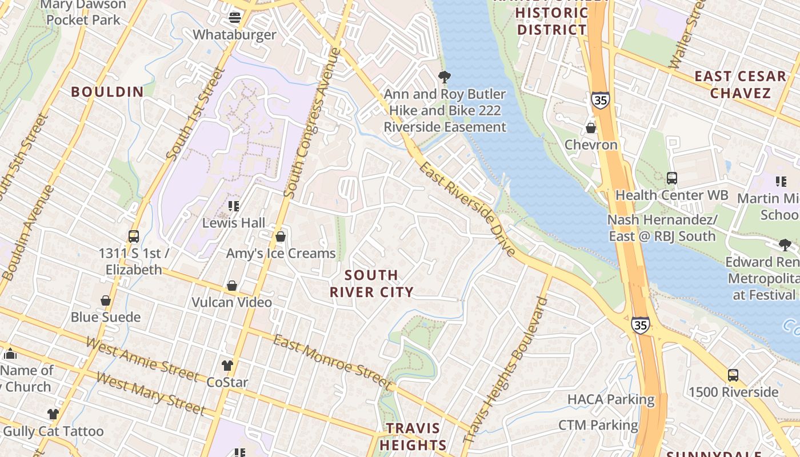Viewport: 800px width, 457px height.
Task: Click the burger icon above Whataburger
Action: point(234,17)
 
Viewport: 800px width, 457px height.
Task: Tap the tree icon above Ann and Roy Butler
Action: point(444,77)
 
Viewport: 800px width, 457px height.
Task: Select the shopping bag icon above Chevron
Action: point(591,127)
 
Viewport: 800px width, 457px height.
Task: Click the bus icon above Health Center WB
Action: point(671,178)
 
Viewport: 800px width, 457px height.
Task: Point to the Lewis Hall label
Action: point(234,222)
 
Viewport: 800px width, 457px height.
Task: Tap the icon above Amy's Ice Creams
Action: point(281,236)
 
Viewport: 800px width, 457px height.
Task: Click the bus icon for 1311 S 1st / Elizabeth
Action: point(134,236)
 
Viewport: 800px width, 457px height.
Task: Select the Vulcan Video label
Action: point(231,302)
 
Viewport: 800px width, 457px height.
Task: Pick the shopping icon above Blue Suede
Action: point(106,300)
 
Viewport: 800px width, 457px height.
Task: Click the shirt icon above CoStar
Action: point(227,365)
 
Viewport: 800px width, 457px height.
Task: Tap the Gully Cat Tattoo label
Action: point(54,431)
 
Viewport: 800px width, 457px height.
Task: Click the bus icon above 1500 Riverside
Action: point(733,375)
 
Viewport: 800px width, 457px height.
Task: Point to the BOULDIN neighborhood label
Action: point(107,91)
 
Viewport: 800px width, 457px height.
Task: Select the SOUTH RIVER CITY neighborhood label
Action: point(371,284)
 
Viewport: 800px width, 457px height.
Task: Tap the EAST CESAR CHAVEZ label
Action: point(741,85)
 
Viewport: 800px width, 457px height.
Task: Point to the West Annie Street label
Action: point(142,359)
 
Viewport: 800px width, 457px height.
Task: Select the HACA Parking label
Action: point(610,399)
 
